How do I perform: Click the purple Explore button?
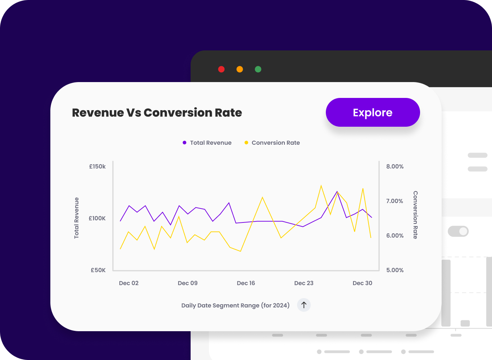[x=373, y=112]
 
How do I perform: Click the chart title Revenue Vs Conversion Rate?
[x=157, y=113]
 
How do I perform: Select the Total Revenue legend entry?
[x=207, y=143]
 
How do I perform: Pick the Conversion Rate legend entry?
[x=272, y=143]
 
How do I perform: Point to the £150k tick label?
[x=97, y=167]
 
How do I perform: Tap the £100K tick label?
[x=97, y=219]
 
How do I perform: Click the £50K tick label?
[x=98, y=270]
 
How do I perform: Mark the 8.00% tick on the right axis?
[x=395, y=167]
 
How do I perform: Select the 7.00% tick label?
[x=395, y=201]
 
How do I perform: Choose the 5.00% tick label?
[x=395, y=270]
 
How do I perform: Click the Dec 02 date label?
[x=129, y=283]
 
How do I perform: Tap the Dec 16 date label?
[x=246, y=283]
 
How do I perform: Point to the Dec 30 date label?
[x=363, y=283]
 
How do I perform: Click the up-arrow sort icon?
[x=304, y=305]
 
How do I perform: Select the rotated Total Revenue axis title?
[x=77, y=218]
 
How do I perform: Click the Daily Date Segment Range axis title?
[x=235, y=306]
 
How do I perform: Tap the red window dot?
[x=222, y=69]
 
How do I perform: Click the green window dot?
[x=258, y=69]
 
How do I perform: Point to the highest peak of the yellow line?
[x=321, y=186]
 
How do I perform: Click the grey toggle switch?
[x=458, y=231]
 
